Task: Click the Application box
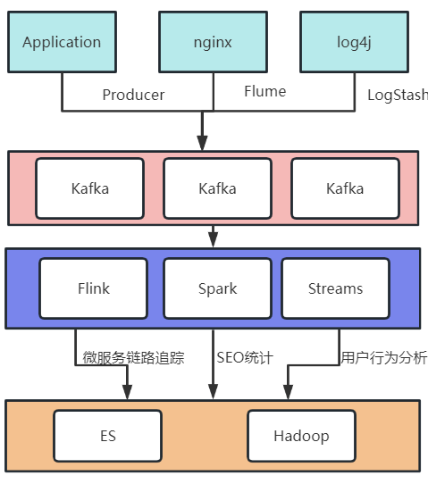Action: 62,42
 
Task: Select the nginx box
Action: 213,42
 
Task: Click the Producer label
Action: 133,95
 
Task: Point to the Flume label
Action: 264,91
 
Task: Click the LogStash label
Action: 398,95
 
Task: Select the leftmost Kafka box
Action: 89,188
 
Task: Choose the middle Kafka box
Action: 217,188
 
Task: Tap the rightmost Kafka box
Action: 345,188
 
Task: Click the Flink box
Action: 93,288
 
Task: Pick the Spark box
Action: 217,288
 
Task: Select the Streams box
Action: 335,288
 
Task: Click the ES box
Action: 107,437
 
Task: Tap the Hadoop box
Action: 301,437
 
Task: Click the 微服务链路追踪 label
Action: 133,358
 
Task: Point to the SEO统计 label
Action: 244,358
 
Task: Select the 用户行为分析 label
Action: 383,358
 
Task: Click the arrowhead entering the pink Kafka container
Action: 203,143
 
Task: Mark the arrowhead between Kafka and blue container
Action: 213,239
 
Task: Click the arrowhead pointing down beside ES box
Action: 127,392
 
